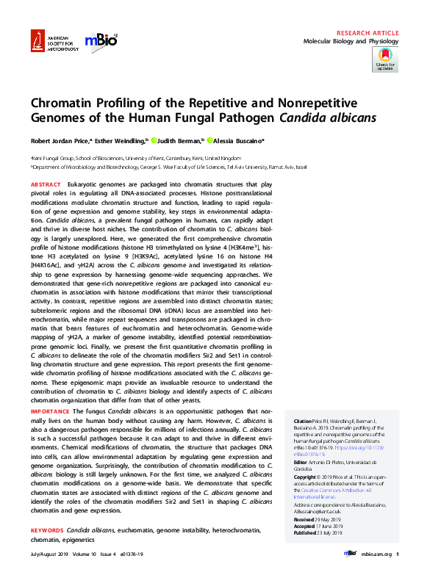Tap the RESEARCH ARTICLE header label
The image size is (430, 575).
[x=367, y=34]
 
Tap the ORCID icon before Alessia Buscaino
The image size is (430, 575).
[x=210, y=140]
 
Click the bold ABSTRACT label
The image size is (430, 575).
[x=46, y=184]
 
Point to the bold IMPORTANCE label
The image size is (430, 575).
[x=49, y=411]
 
